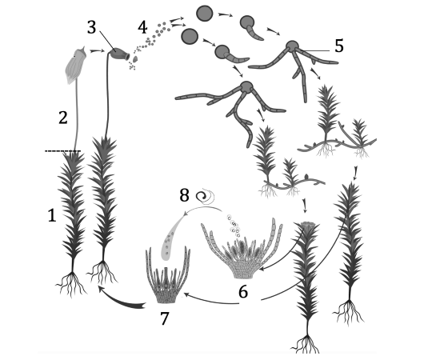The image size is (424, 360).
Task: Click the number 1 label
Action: click(x=52, y=216)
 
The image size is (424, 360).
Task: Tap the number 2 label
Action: click(x=63, y=118)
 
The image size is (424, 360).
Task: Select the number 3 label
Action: click(x=92, y=27)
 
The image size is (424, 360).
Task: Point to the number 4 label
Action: click(x=142, y=27)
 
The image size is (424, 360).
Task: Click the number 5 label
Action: click(x=339, y=46)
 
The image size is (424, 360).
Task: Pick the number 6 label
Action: click(x=243, y=291)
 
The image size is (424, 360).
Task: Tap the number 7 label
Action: click(x=165, y=318)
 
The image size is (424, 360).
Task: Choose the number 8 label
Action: click(x=184, y=195)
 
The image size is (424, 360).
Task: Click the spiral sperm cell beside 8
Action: click(x=205, y=195)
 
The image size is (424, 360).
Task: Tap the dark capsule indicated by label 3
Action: click(x=119, y=54)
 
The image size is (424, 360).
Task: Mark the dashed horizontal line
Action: click(x=62, y=151)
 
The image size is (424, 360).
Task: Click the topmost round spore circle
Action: click(x=205, y=14)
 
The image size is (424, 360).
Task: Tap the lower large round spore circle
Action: click(x=190, y=37)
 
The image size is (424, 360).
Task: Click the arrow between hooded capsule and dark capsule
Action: click(x=97, y=50)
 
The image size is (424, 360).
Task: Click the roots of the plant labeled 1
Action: click(x=71, y=284)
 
